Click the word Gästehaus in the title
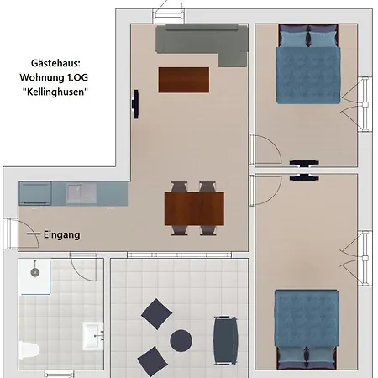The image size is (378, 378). click(57, 63)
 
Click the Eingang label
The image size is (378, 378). click(61, 235)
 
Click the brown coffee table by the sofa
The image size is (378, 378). click(183, 79)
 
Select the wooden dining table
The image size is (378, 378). click(194, 207)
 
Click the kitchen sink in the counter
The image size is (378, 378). click(85, 195)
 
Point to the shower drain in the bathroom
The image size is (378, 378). click(34, 273)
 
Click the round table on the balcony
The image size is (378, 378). click(181, 340)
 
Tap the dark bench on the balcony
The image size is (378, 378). click(224, 340)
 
